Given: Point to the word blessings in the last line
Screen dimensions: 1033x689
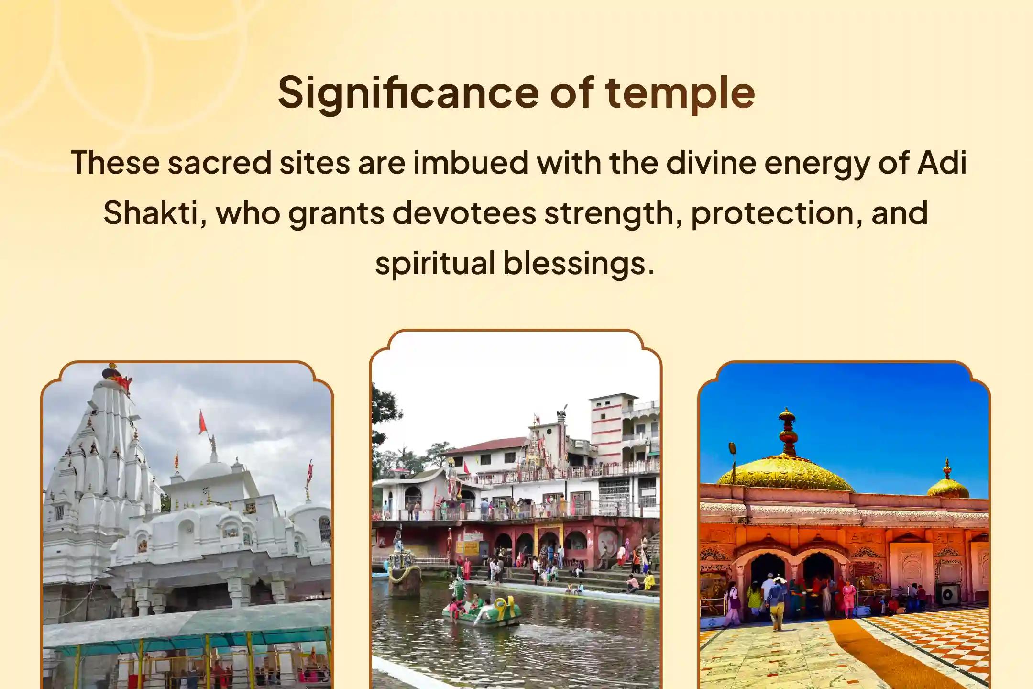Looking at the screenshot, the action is tap(579, 263).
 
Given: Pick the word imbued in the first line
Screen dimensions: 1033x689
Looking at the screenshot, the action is tap(471, 163).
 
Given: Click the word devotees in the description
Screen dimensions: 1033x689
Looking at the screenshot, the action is tap(464, 213).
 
